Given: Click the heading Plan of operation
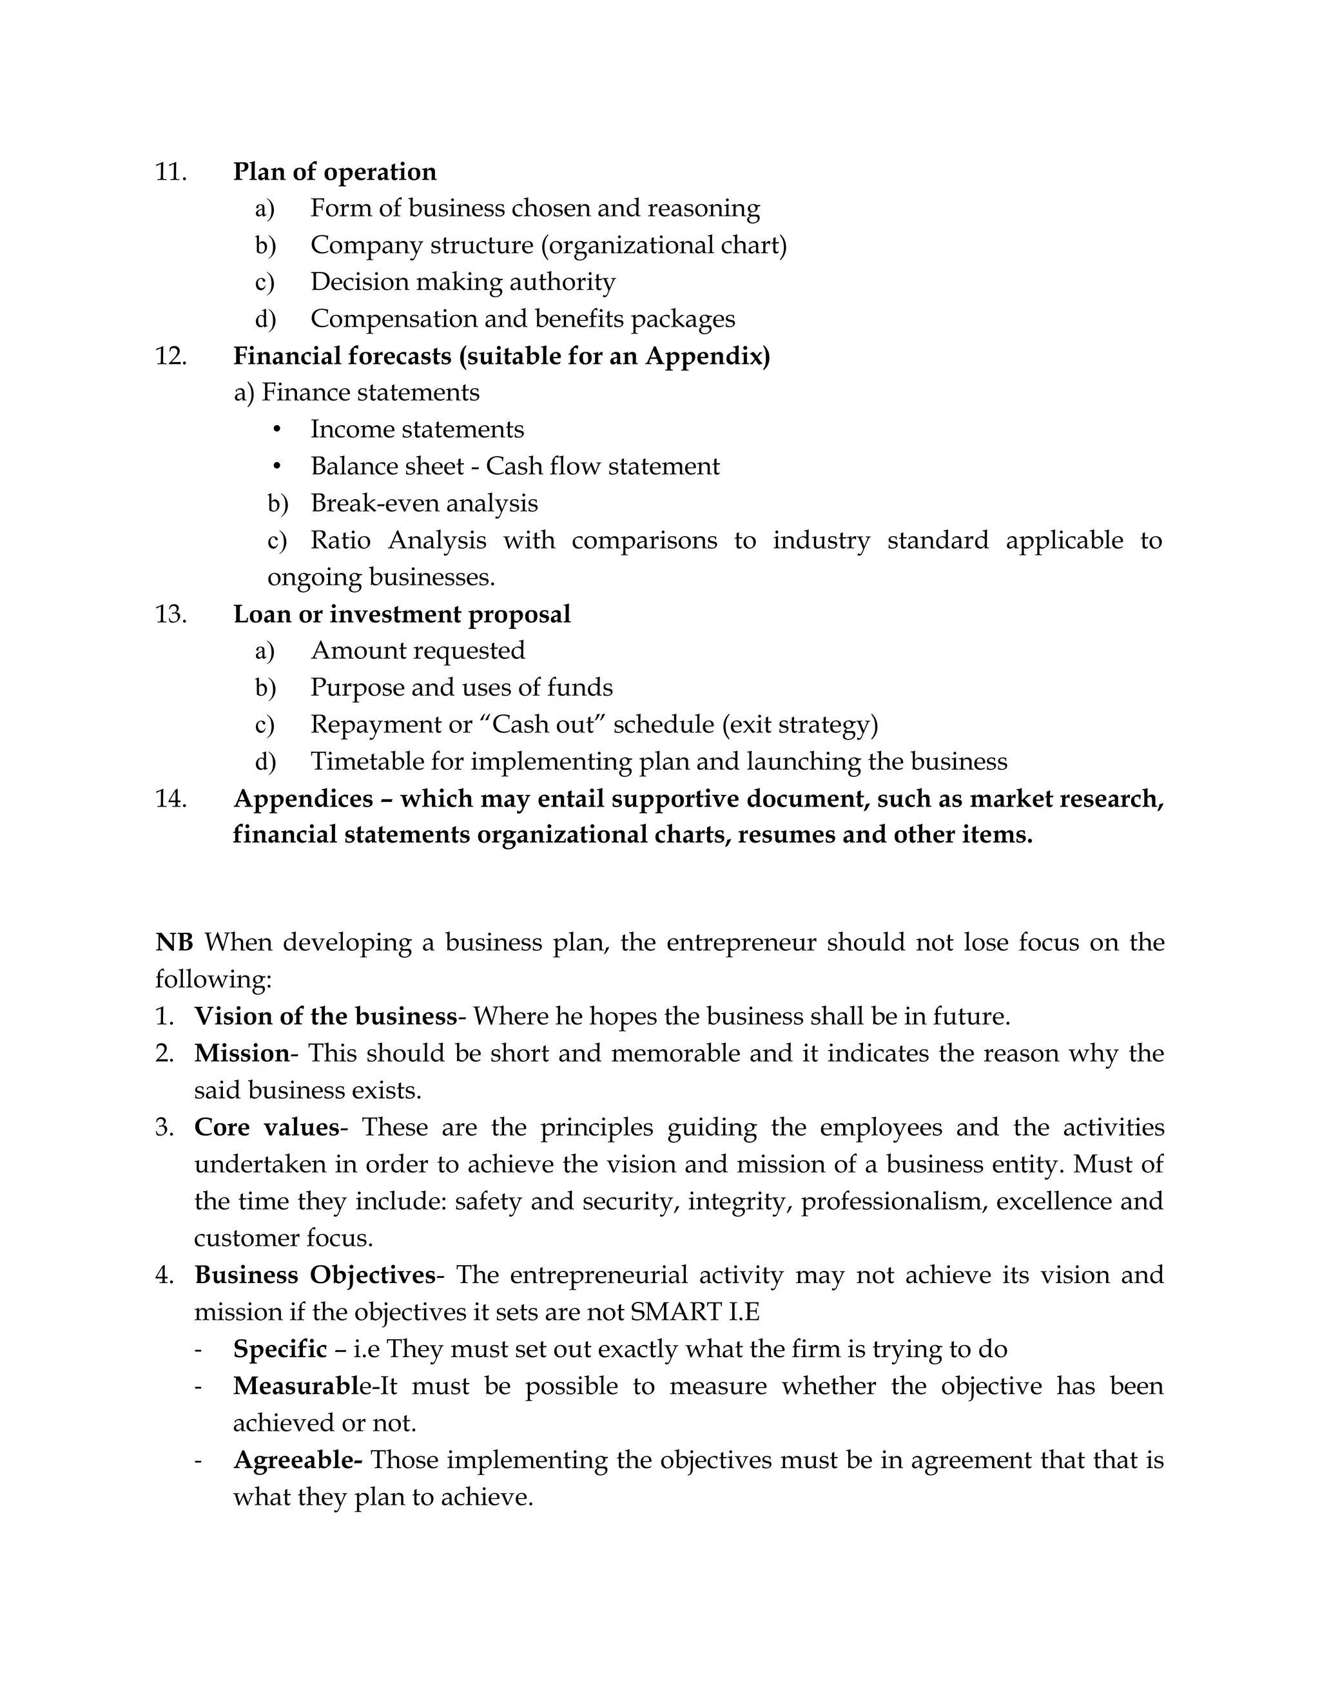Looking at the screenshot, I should tap(334, 172).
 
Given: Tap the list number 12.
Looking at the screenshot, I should tap(170, 356).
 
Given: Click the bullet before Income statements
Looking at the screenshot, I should tap(277, 429).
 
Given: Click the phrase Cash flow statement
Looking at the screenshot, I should tap(602, 466).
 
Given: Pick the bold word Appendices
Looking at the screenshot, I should tap(303, 799).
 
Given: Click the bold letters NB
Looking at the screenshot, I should tap(173, 942).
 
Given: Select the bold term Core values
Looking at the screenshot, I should tap(266, 1128).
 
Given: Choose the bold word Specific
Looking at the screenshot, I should tap(279, 1349).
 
